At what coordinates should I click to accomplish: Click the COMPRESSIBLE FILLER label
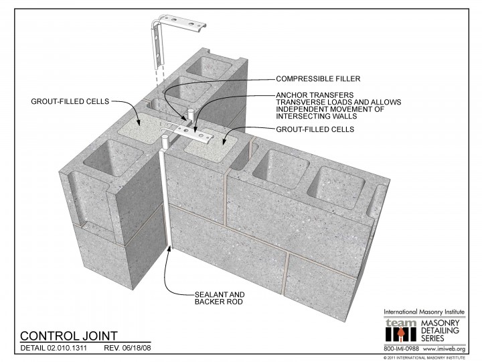[x=318, y=79]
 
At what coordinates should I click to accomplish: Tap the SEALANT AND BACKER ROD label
[x=220, y=298]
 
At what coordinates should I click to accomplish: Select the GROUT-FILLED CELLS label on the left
[x=70, y=102]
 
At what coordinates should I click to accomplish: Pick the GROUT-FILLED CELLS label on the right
[x=315, y=129]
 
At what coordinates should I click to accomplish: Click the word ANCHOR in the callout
[x=290, y=95]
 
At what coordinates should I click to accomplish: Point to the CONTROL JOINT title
[x=69, y=336]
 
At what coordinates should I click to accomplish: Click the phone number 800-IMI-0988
[x=401, y=349]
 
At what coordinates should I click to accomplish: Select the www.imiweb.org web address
[x=444, y=349]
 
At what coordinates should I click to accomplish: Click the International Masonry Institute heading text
[x=424, y=312]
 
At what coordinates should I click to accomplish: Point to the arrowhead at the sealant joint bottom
[x=169, y=249]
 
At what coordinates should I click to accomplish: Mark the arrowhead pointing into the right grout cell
[x=224, y=141]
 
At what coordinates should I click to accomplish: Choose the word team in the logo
[x=401, y=323]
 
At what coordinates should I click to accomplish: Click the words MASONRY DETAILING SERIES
[x=440, y=330]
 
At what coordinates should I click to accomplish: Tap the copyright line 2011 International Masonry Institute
[x=424, y=358]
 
